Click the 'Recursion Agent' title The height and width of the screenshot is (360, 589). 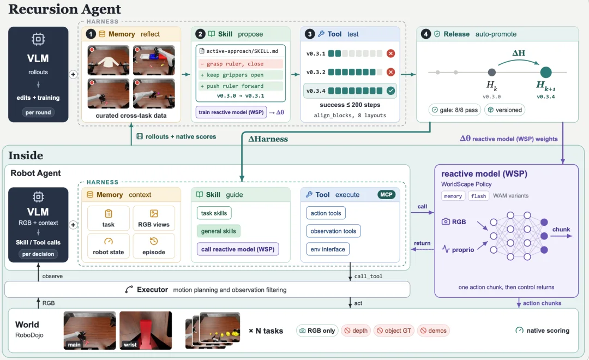point(64,9)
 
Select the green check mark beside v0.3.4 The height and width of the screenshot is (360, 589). point(390,91)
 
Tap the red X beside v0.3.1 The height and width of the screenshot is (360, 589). point(390,53)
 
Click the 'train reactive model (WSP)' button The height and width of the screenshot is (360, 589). point(231,112)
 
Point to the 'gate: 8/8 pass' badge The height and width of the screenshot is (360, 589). point(454,110)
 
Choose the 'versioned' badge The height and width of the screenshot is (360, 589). point(504,110)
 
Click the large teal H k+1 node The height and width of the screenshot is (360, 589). point(546,72)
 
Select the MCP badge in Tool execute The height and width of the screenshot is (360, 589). point(386,195)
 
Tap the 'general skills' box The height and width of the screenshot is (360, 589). point(218,231)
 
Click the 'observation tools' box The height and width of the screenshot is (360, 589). point(333,231)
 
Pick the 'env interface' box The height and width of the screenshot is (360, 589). point(328,249)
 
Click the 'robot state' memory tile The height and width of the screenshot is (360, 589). point(108,246)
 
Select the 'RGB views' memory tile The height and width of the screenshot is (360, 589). point(154,218)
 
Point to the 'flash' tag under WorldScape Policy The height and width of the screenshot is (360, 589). point(478,196)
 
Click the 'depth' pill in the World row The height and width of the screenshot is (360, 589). point(356,331)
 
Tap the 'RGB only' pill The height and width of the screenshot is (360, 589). point(317,331)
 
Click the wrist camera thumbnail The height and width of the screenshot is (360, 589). point(146,331)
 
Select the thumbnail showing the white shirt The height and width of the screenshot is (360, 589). point(108,61)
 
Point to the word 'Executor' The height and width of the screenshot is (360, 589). point(152,290)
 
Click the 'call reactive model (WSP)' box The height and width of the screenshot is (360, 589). point(238,249)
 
